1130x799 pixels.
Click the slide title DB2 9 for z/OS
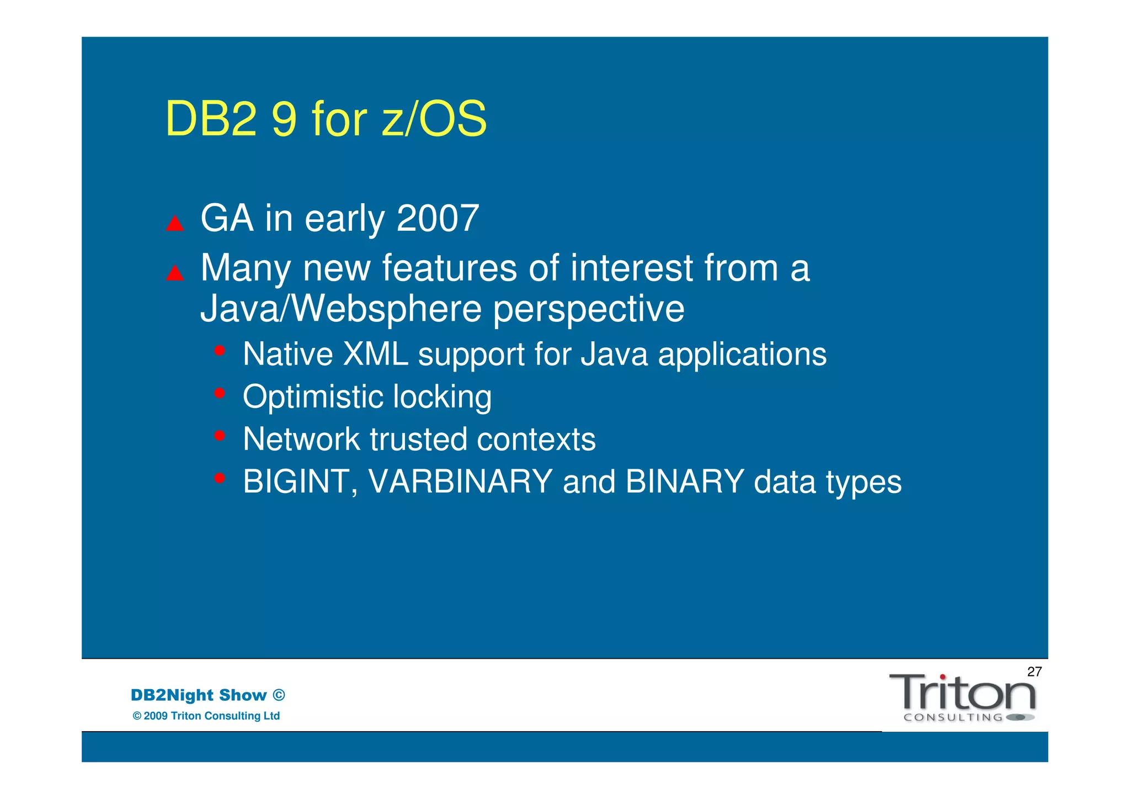click(326, 119)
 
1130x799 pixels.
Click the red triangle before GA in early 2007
click(175, 224)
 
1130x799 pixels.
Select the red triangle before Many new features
click(175, 273)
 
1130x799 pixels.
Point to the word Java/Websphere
click(341, 309)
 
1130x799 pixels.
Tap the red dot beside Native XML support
click(220, 351)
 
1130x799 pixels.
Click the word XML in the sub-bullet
click(375, 354)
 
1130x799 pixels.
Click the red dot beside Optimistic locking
click(220, 393)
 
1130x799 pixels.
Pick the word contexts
click(536, 440)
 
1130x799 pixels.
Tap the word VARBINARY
click(460, 482)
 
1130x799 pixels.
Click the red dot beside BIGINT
click(220, 478)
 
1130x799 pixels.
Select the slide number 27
click(1034, 672)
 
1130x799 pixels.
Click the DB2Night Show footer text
click(207, 695)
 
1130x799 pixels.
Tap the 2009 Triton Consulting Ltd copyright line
click(206, 716)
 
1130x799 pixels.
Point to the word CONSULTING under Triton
click(953, 718)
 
